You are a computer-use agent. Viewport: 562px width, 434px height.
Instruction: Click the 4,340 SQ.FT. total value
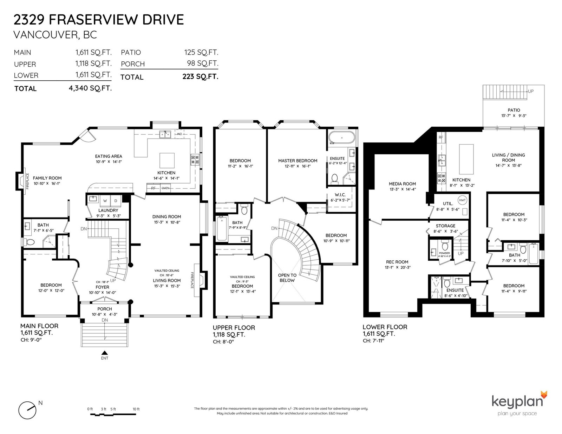click(90, 88)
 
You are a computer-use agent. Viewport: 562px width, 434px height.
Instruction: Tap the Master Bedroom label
click(298, 161)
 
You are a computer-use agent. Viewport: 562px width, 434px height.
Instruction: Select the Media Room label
click(402, 184)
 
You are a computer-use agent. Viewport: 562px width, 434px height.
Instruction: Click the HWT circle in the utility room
click(463, 200)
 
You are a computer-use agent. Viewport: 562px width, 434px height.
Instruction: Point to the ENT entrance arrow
click(104, 353)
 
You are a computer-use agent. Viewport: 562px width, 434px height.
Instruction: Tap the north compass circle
click(27, 410)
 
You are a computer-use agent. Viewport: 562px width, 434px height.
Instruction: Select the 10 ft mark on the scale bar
click(136, 409)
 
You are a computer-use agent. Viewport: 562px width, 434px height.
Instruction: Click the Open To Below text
click(287, 278)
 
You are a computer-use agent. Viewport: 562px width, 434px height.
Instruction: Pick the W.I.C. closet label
click(340, 195)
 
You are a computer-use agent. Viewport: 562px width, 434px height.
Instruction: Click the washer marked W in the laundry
click(105, 201)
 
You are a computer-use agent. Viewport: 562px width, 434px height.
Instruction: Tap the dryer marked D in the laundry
click(116, 201)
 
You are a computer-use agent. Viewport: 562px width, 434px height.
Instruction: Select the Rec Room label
click(397, 262)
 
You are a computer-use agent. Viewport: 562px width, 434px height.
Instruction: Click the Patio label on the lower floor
click(514, 110)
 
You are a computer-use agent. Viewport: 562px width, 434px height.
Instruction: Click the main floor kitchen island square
click(167, 160)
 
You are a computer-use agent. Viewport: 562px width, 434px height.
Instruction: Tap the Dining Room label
click(166, 217)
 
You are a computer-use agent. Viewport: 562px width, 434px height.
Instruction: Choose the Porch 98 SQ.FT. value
click(203, 63)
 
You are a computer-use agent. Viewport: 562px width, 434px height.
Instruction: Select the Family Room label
click(47, 178)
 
